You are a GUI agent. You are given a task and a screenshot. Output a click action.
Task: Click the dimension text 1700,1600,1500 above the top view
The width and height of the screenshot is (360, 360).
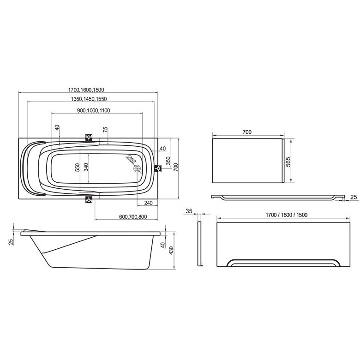(x=86, y=90)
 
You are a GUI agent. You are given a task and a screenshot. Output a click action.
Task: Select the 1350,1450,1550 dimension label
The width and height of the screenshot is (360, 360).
(x=89, y=99)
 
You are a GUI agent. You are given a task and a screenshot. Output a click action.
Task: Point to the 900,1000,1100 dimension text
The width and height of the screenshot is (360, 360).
(x=93, y=110)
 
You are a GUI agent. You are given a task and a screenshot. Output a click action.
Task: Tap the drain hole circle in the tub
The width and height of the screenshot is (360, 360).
(x=137, y=169)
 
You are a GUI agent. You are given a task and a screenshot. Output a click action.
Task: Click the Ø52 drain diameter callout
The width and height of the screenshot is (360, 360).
(x=131, y=159)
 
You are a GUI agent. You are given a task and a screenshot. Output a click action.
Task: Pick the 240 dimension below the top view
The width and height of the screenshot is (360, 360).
(x=148, y=203)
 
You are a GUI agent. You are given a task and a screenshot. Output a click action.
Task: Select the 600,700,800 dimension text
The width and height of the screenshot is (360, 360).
(x=133, y=217)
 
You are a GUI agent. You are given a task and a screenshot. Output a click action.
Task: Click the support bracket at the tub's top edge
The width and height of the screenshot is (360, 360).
(x=89, y=138)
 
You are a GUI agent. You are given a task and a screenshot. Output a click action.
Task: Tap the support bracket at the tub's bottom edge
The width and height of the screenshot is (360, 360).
(x=89, y=199)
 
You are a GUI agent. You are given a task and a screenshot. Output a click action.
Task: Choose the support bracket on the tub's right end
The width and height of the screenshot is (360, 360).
(x=158, y=169)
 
